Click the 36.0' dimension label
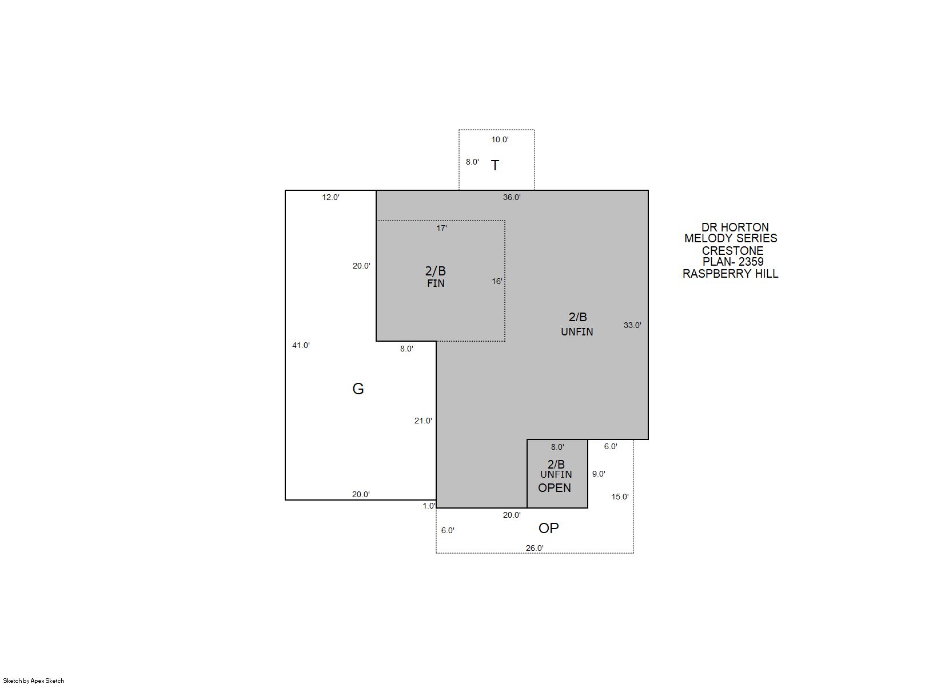[512, 197]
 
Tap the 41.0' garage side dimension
[301, 345]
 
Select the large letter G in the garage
[358, 389]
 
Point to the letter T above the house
[495, 165]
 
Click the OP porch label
[549, 528]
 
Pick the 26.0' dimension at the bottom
[535, 548]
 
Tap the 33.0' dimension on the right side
[632, 325]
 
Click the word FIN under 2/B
[436, 283]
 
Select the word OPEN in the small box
[555, 488]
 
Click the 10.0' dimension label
[500, 139]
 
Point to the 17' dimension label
[441, 228]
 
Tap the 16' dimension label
[497, 281]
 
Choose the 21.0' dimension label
[423, 421]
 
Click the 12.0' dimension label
[330, 197]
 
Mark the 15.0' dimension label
[620, 497]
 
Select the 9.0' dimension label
[599, 474]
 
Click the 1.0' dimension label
[429, 506]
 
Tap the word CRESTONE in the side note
[733, 251]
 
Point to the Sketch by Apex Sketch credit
[34, 681]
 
